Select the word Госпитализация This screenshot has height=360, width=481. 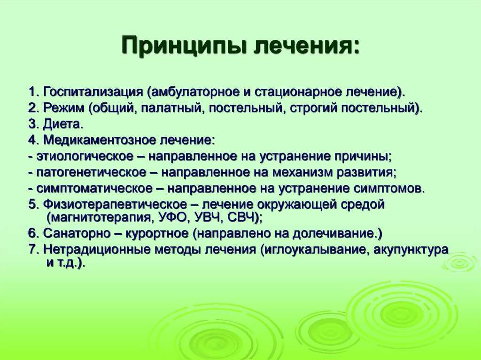[93, 92]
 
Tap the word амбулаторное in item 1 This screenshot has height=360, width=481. [195, 92]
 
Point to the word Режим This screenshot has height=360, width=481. [63, 108]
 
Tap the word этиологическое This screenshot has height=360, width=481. [85, 156]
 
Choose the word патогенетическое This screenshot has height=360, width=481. [92, 172]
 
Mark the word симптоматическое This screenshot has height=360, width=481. [94, 188]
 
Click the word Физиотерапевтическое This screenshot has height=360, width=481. [115, 204]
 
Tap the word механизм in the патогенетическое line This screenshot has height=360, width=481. [302, 172]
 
